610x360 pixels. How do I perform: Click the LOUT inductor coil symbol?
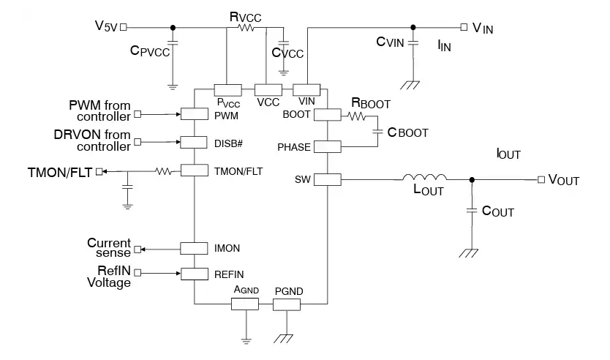pyautogui.click(x=424, y=178)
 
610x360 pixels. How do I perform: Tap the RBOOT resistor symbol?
pyautogui.click(x=356, y=116)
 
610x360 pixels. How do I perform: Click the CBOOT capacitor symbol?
pyautogui.click(x=378, y=132)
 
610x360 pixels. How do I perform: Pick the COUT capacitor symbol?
pyautogui.click(x=471, y=211)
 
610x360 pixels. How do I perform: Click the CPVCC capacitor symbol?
pyautogui.click(x=173, y=50)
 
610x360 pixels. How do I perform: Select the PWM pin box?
pyautogui.click(x=195, y=114)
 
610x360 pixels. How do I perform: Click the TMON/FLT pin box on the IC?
pyautogui.click(x=195, y=170)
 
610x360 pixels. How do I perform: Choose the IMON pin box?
pyautogui.click(x=195, y=248)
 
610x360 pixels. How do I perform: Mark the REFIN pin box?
pyautogui.click(x=195, y=274)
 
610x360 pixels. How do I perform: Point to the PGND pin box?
pyautogui.click(x=287, y=303)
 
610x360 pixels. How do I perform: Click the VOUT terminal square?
pyautogui.click(x=541, y=179)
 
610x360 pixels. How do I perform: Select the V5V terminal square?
pyautogui.click(x=123, y=28)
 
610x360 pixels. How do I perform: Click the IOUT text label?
pyautogui.click(x=509, y=154)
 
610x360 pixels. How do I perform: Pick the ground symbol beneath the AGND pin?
pyautogui.click(x=246, y=340)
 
